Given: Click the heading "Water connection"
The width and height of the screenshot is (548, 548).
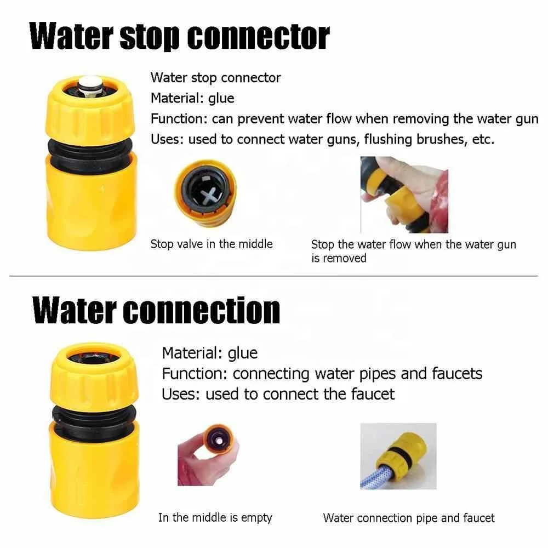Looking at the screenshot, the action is coord(156,311).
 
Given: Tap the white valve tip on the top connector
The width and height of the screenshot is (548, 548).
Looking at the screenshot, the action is coord(90,85).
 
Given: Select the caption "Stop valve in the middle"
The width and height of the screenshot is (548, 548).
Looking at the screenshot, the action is coord(212,244).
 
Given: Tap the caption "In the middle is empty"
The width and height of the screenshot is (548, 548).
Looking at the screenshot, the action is coord(215,518).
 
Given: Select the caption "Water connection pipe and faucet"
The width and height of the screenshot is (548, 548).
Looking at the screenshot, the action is coord(409,518).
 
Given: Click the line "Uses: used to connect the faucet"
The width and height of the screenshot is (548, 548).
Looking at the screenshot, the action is coord(278,395).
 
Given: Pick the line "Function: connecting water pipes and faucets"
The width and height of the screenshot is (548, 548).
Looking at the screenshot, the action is coord(322,374).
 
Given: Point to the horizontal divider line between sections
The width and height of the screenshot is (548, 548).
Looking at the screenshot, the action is coord(273,276).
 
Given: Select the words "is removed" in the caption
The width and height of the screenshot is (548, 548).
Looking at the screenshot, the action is coord(339,258).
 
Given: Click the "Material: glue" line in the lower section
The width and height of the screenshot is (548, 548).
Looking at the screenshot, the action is coord(210,353).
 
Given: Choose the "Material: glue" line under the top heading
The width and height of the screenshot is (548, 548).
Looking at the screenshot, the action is coord(192,98).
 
